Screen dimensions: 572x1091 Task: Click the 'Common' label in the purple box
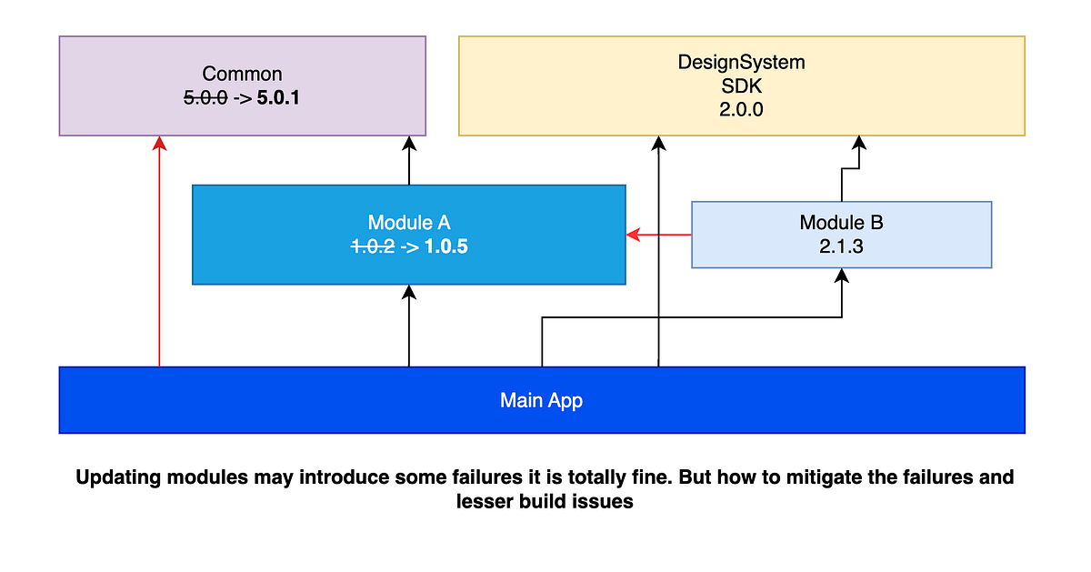click(242, 74)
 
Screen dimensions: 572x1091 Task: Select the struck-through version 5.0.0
click(205, 97)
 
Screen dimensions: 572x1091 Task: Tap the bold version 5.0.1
click(278, 97)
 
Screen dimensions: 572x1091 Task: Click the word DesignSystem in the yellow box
click(741, 63)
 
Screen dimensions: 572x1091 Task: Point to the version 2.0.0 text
click(741, 109)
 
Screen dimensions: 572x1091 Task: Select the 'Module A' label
click(408, 223)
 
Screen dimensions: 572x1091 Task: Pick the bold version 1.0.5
click(445, 246)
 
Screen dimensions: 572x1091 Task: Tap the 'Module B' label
click(841, 223)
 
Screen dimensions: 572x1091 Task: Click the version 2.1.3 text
click(841, 246)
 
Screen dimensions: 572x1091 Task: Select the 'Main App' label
click(541, 400)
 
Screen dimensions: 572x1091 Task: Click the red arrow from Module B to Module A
click(659, 235)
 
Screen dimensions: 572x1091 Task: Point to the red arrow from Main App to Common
click(159, 255)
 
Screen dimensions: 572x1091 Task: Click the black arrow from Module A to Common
click(409, 161)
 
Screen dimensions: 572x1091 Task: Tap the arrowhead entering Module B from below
click(842, 277)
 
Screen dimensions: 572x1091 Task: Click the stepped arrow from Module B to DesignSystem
click(842, 182)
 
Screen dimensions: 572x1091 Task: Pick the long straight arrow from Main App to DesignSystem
click(657, 255)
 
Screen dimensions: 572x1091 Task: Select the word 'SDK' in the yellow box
click(741, 86)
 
